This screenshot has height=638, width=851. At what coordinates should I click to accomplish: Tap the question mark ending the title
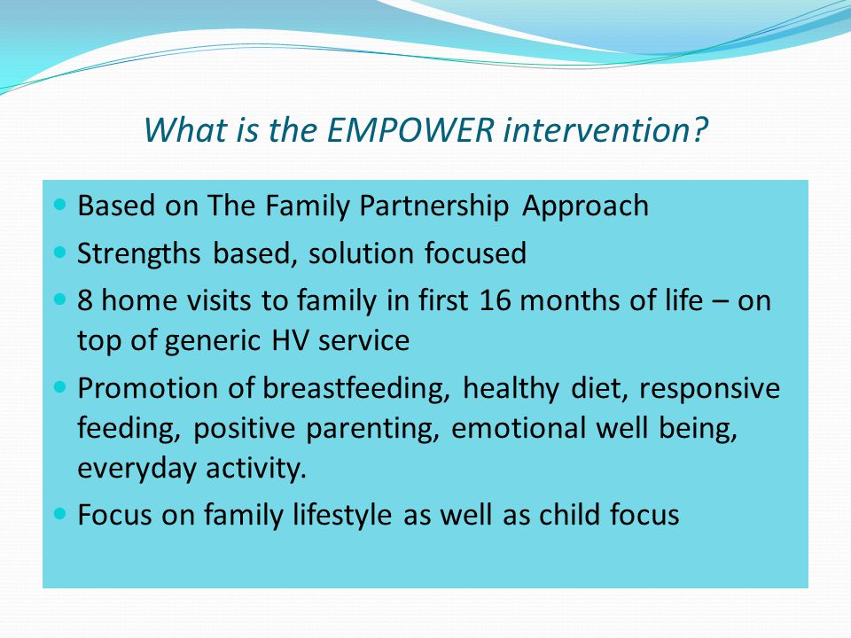point(699,129)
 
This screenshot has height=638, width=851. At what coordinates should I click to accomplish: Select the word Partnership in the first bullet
point(434,206)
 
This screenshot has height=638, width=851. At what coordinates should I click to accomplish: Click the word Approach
point(586,206)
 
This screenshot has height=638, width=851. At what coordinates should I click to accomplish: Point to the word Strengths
point(139,254)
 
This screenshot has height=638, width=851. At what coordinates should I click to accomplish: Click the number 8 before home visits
point(85,300)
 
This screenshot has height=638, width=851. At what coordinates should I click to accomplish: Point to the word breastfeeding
point(356,388)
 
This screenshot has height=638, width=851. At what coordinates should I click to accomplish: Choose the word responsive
point(709,389)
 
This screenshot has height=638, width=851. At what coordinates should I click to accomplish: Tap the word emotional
point(519,428)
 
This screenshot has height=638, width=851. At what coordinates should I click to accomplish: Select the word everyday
point(137,469)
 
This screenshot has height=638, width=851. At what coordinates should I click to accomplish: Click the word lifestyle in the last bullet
point(342,515)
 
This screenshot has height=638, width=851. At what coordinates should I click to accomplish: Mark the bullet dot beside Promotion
point(60,387)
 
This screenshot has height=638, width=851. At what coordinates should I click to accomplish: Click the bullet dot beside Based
point(60,205)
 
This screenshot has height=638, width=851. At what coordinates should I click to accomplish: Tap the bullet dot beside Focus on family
point(60,513)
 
